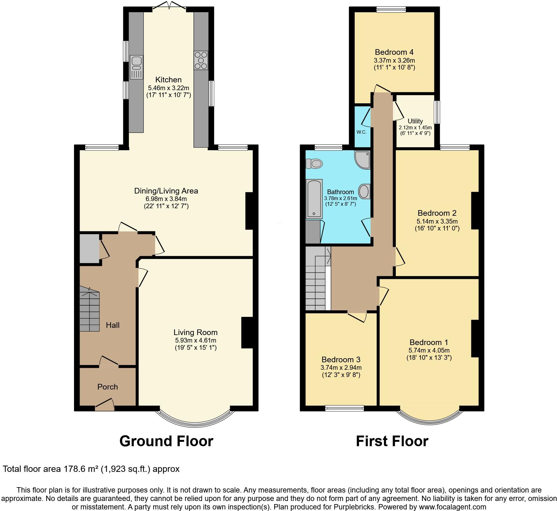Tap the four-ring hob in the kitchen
pyautogui.click(x=201, y=60)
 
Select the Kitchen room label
pyautogui.click(x=168, y=80)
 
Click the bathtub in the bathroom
pyautogui.click(x=314, y=199)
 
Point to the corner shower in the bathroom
pyautogui.click(x=363, y=159)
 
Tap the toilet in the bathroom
pyautogui.click(x=314, y=163)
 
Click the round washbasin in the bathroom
pyautogui.click(x=364, y=191)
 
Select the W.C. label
pyautogui.click(x=361, y=132)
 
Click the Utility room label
pyautogui.click(x=415, y=121)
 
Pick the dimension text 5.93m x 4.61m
pyautogui.click(x=195, y=340)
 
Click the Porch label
pyautogui.click(x=108, y=387)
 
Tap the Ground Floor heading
pyautogui.click(x=166, y=441)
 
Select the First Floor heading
pyautogui.click(x=392, y=441)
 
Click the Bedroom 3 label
pyautogui.click(x=341, y=359)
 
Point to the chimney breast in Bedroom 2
pyautogui.click(x=475, y=210)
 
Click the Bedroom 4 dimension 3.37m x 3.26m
pyautogui.click(x=394, y=60)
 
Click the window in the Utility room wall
pyautogui.click(x=437, y=112)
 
